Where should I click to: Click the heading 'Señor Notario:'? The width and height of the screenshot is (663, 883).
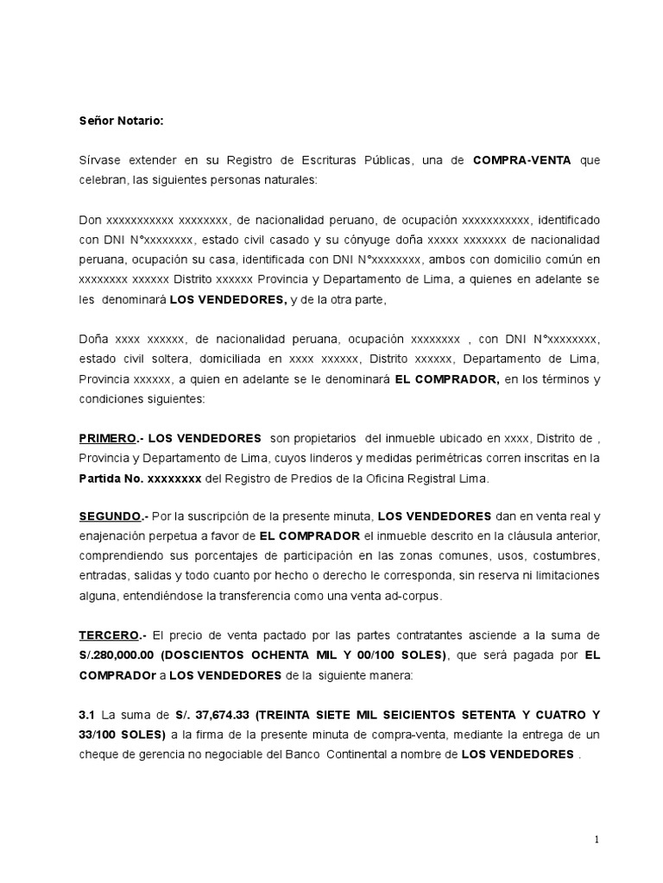pos(120,122)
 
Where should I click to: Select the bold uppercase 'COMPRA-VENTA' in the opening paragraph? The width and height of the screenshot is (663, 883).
pos(521,161)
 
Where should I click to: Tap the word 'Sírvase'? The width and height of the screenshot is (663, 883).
pos(101,161)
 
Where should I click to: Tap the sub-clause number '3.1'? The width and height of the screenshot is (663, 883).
pos(86,715)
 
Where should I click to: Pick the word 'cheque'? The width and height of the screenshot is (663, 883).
pos(98,754)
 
